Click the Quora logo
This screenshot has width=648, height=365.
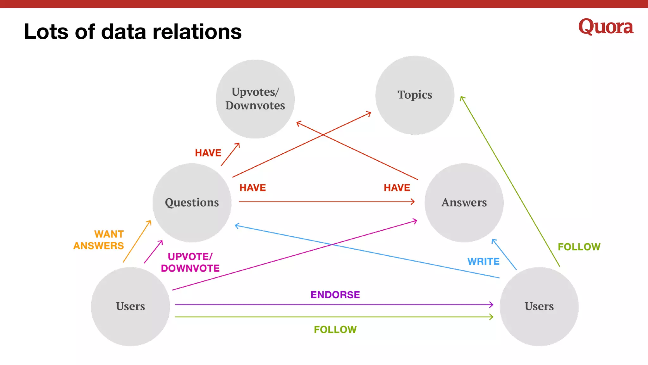click(606, 27)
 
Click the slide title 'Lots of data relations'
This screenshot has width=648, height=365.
click(133, 32)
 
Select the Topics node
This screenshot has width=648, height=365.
click(414, 95)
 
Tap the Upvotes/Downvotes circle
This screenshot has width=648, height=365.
click(255, 99)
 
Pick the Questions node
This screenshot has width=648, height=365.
click(192, 202)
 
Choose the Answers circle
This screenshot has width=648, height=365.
click(464, 202)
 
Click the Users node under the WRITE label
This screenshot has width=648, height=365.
click(539, 306)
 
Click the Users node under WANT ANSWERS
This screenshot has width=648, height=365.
click(130, 306)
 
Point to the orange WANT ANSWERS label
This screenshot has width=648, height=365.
click(99, 240)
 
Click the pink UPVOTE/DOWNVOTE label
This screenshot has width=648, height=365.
click(190, 262)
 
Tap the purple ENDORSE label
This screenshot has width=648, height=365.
click(335, 295)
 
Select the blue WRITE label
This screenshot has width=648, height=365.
click(483, 261)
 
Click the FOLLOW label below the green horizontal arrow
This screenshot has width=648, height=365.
click(335, 330)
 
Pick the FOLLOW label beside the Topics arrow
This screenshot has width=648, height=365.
click(579, 247)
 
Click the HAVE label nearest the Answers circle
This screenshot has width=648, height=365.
click(397, 188)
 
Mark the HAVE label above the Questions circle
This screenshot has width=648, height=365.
click(208, 153)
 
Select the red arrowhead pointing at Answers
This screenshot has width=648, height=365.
click(413, 202)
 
